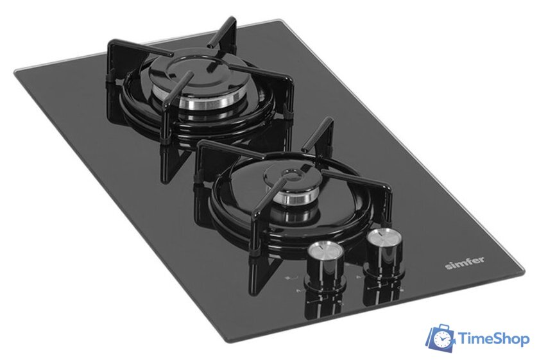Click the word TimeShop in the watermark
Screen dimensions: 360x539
coord(492,339)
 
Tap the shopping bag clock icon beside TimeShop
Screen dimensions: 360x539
coord(442,339)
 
